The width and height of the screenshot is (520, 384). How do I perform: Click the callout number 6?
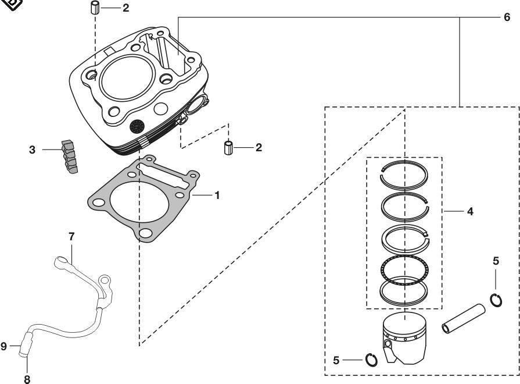click(507, 17)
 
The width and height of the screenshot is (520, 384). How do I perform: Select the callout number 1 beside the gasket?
click(217, 195)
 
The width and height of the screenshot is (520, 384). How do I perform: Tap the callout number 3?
click(33, 150)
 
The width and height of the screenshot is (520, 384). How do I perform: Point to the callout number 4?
click(469, 212)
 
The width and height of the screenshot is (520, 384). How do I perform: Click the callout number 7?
click(71, 236)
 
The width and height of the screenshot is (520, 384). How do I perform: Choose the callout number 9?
click(3, 346)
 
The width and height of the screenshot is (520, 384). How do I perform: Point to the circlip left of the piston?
click(372, 360)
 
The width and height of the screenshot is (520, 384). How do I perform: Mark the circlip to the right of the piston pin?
click(495, 300)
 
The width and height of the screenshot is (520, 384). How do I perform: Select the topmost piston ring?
click(405, 172)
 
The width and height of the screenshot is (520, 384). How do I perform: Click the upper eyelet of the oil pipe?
click(60, 262)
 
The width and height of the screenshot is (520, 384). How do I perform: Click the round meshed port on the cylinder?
click(137, 125)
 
